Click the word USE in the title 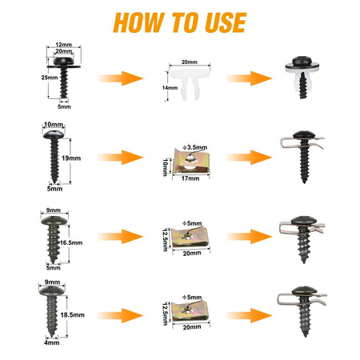(226, 22)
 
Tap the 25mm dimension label (50, 78)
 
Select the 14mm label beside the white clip (170, 88)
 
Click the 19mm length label (71, 158)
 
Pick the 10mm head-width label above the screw (54, 125)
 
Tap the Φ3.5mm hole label (195, 147)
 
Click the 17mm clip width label (190, 178)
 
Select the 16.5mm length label (71, 242)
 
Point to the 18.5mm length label (73, 315)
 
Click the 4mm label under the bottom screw (52, 342)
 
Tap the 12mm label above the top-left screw (63, 45)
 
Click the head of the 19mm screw (54, 134)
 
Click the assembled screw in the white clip (302, 78)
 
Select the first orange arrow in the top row (120, 78)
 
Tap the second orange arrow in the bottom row (250, 316)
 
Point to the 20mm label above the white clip (190, 62)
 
